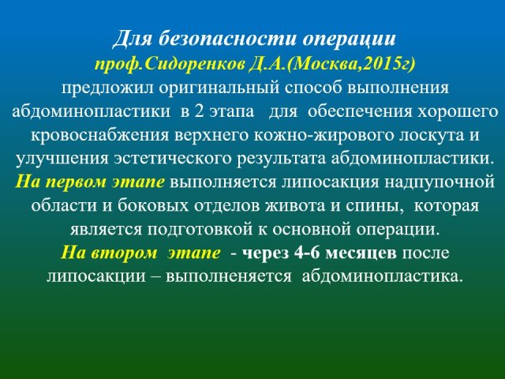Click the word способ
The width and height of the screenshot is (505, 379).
click(x=312, y=88)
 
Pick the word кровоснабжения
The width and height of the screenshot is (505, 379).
click(x=100, y=135)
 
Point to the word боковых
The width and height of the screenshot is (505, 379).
click(x=153, y=206)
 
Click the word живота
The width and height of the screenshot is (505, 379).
click(x=294, y=206)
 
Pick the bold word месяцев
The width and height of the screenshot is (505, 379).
click(x=361, y=253)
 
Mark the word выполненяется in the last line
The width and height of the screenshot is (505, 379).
click(x=229, y=276)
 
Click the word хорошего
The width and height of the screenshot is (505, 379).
click(x=458, y=112)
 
